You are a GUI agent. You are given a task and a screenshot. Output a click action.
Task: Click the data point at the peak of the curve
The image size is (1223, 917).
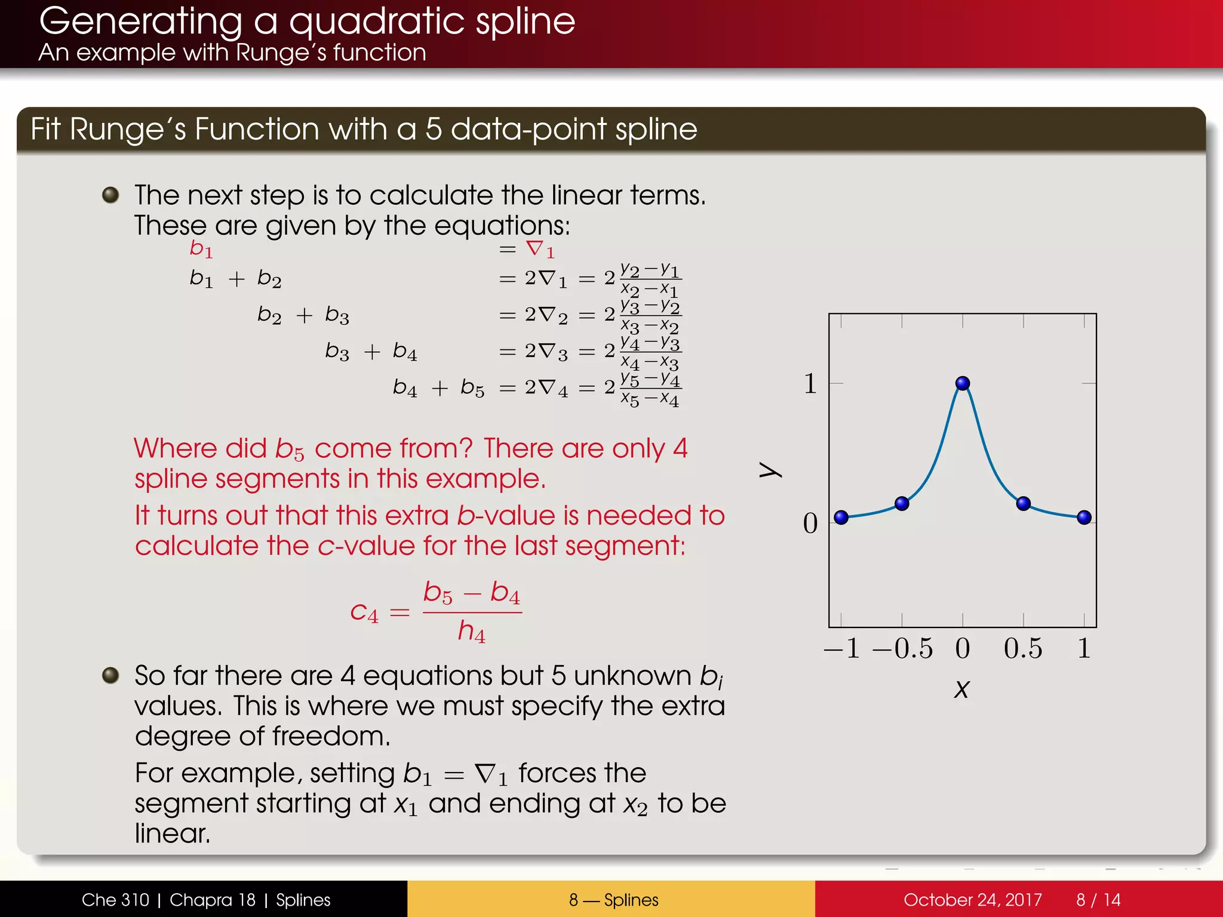tap(962, 383)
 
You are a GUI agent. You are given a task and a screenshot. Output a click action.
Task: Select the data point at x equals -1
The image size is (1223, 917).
tap(841, 517)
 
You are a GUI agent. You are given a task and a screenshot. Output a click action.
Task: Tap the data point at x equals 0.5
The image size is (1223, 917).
tap(1023, 503)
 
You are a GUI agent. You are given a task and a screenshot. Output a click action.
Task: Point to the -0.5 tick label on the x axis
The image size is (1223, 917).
tap(902, 648)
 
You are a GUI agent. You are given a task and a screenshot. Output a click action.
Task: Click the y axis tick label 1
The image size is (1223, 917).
tap(810, 383)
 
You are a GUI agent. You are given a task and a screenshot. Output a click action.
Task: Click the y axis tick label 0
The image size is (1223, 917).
tap(810, 524)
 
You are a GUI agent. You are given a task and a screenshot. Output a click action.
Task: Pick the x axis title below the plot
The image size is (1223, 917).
tap(961, 689)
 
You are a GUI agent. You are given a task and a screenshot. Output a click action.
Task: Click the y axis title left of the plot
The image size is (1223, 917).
tap(770, 470)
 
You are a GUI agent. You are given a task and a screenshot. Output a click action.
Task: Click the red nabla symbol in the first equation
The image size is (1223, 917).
tap(534, 248)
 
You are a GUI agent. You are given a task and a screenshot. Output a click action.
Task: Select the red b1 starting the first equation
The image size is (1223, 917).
tap(201, 248)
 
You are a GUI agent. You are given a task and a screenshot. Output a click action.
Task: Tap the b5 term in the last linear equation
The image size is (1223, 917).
tap(472, 388)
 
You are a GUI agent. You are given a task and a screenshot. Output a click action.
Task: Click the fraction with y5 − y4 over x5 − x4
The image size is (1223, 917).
tap(650, 389)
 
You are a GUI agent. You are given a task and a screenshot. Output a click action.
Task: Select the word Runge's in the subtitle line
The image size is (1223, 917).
tap(281, 53)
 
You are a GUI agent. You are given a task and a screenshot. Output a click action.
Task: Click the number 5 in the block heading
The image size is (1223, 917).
tap(434, 129)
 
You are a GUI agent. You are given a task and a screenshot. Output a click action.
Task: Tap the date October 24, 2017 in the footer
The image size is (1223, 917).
tap(972, 900)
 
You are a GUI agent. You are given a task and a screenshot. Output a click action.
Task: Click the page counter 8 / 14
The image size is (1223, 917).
tap(1098, 900)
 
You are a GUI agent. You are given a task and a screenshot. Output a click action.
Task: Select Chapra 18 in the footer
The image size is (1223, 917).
tap(212, 900)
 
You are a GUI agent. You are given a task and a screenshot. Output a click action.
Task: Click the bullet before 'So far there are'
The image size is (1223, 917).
tap(110, 675)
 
